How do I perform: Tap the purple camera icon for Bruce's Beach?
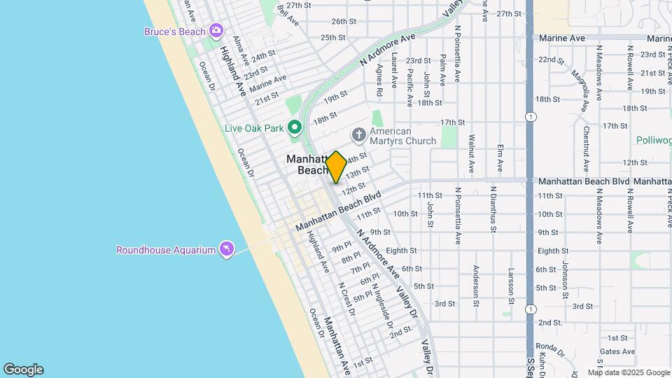coord(216,30)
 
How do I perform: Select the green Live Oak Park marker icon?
coord(295,127)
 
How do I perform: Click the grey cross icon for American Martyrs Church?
coord(358,133)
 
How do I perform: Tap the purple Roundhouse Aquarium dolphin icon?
coord(226,249)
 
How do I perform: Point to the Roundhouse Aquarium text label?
coord(166,250)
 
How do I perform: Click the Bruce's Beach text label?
coord(175,31)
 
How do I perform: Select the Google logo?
coord(23,369)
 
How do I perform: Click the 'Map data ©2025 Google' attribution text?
coord(629,372)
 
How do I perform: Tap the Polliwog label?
coord(654,140)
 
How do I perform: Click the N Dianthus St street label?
coord(493,209)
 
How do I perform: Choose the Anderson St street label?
coord(475,285)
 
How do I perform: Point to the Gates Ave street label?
coord(617,351)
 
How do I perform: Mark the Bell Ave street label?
coord(288,15)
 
